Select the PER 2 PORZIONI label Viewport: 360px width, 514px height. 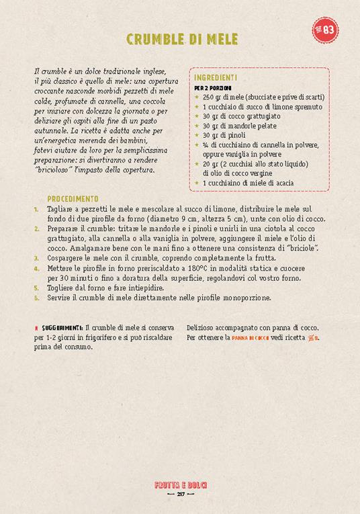213,88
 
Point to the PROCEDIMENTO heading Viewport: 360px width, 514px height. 73,199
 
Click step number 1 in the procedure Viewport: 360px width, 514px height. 36,210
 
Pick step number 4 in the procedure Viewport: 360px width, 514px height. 36,267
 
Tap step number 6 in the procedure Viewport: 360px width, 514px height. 36,297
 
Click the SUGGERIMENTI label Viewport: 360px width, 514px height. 64,327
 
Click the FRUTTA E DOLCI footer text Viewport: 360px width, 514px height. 180,484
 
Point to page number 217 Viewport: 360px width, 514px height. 180,495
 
